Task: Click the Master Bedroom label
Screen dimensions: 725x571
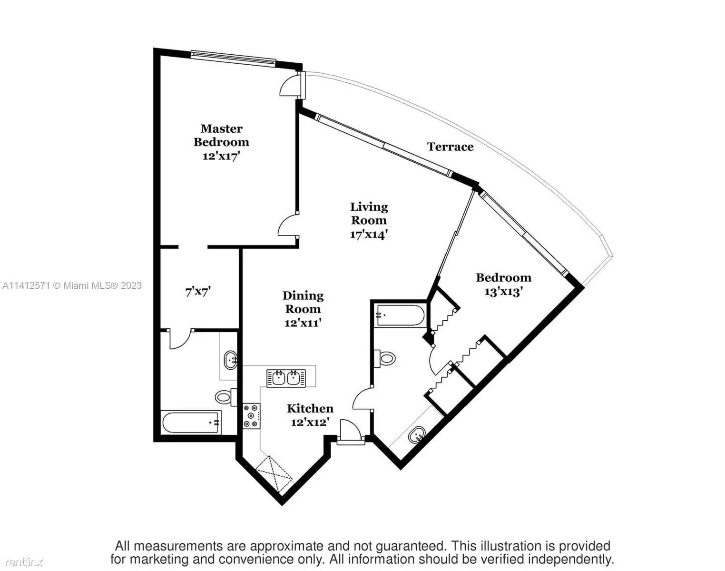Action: coord(221,135)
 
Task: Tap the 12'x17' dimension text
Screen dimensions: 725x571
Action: coord(221,156)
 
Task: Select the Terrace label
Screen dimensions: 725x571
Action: coord(451,147)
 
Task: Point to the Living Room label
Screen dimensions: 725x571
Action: coord(369,213)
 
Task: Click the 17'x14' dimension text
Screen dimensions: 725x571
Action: coord(369,234)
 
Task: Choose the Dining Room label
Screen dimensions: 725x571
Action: coord(303,302)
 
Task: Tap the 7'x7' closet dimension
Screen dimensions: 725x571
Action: coord(198,291)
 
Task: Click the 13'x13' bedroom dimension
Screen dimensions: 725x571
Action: coord(503,291)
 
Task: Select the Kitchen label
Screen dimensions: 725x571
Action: coord(310,409)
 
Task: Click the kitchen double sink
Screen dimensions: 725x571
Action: coord(286,379)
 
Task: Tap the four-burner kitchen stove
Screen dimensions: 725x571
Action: coord(251,416)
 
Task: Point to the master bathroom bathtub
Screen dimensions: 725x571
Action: coord(191,423)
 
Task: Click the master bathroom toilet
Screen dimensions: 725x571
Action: coord(225,397)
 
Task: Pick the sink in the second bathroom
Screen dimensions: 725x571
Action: coord(417,435)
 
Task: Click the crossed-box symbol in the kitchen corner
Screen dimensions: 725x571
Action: coord(274,475)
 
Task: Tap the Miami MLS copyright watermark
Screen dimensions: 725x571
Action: coord(72,285)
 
